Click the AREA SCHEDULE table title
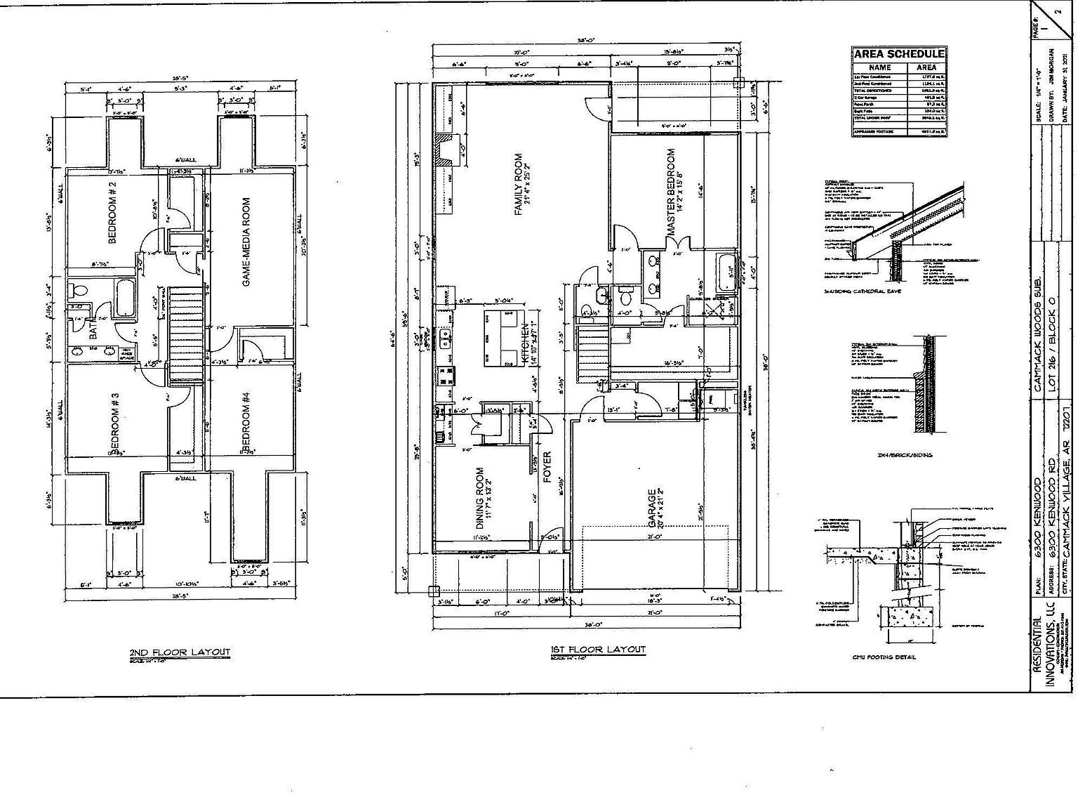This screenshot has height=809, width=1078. [x=898, y=54]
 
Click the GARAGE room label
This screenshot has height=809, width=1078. [x=654, y=508]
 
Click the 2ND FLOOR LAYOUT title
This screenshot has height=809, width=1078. [x=180, y=652]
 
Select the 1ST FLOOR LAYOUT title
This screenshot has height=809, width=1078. [x=598, y=650]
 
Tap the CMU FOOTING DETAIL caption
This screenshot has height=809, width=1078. [x=884, y=657]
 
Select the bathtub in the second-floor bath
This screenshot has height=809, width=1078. [x=126, y=298]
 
